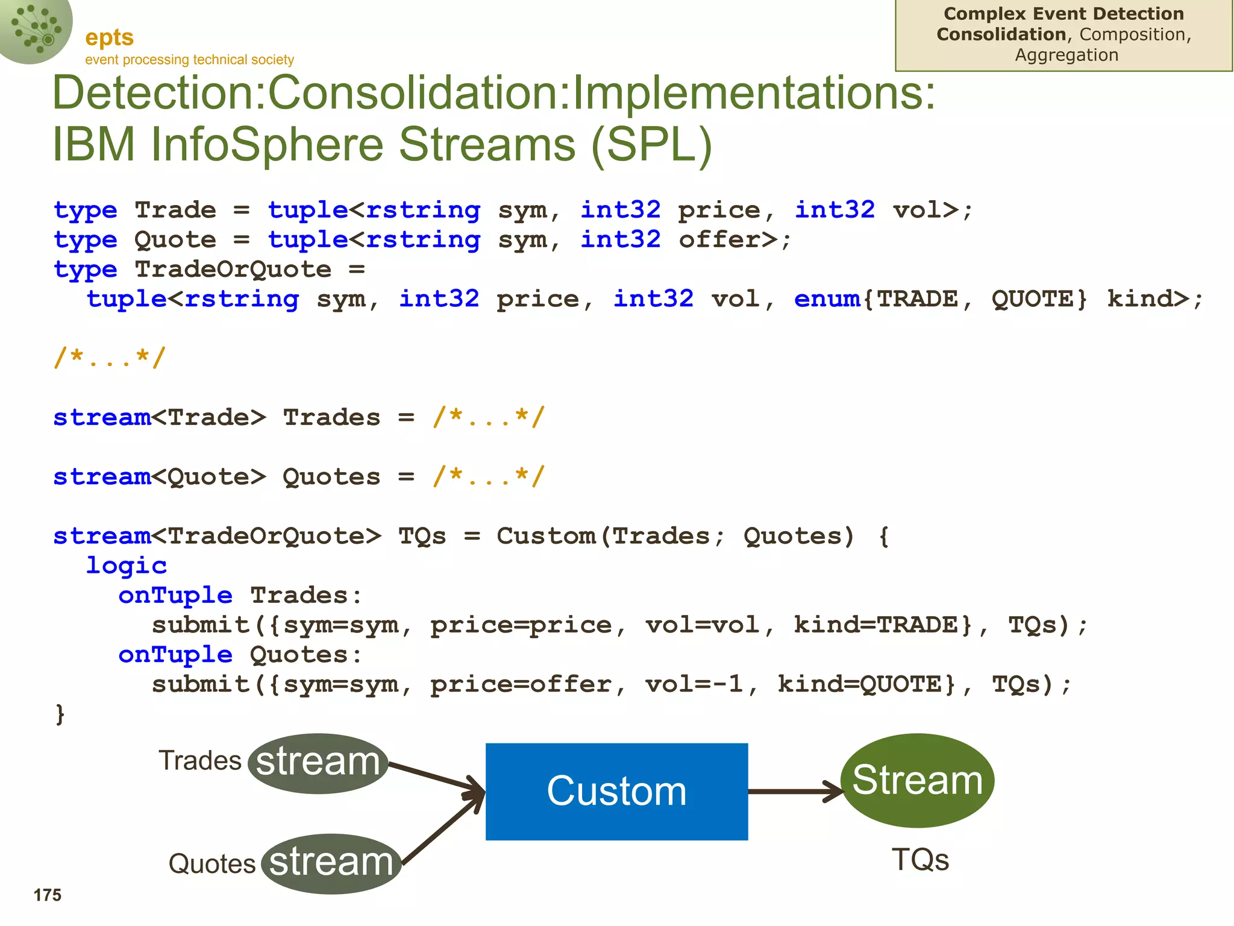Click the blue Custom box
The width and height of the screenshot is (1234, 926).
616,791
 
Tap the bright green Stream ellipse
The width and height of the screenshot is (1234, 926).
917,780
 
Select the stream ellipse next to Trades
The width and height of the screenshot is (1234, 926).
318,763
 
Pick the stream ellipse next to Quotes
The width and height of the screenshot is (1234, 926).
331,863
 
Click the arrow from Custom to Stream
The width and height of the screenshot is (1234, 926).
795,792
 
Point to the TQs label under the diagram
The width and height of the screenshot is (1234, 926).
920,859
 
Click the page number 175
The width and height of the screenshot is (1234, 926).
47,895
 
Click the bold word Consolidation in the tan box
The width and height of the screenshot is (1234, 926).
1001,34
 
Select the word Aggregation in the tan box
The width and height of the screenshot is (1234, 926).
1066,55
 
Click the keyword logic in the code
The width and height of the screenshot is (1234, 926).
126,565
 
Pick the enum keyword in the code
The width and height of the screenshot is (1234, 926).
827,299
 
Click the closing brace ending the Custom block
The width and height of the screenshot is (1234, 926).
60,714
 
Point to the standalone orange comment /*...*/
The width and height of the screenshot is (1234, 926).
109,357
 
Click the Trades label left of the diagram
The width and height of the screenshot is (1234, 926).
199,761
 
